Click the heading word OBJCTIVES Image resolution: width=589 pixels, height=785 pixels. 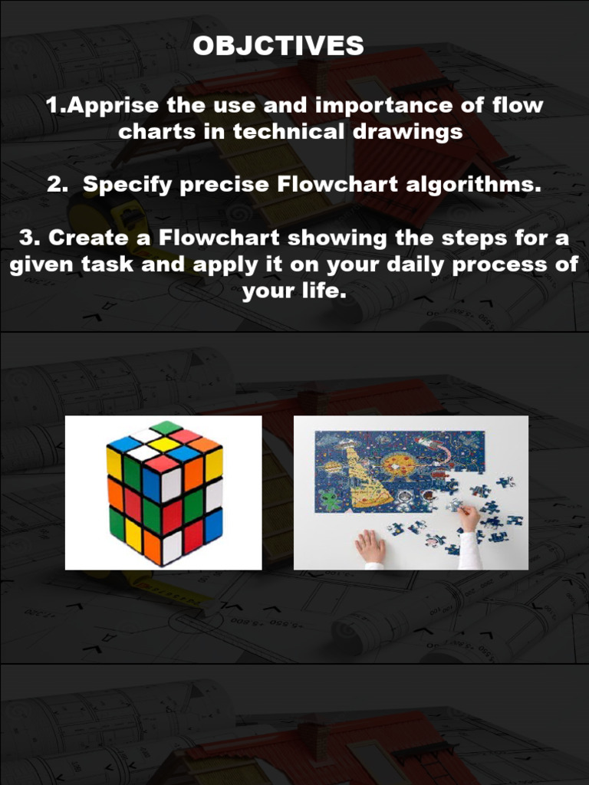(278, 46)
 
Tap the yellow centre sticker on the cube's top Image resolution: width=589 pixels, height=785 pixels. (164, 444)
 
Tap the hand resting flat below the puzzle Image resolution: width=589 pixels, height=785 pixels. (370, 547)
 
